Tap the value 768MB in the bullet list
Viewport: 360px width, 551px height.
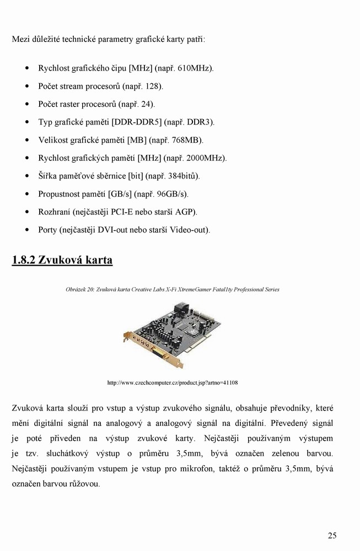click(x=187, y=141)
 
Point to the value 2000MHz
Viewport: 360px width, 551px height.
click(x=207, y=158)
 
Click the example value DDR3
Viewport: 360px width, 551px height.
click(x=201, y=122)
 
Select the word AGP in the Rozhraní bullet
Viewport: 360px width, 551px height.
click(x=186, y=212)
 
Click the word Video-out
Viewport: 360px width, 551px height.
click(x=190, y=230)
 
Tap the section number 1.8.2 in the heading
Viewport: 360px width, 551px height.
click(x=24, y=260)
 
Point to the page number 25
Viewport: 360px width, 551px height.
click(x=332, y=535)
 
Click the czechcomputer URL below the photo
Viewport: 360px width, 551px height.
click(x=172, y=382)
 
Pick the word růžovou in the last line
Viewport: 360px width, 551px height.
click(x=84, y=484)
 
